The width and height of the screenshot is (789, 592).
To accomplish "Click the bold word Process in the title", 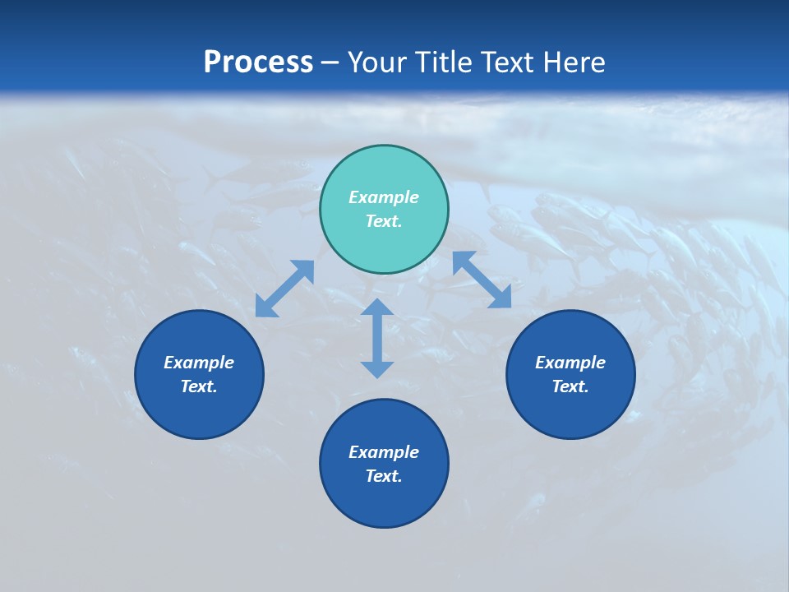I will click(x=258, y=62).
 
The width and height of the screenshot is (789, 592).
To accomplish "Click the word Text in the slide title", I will click(x=512, y=62).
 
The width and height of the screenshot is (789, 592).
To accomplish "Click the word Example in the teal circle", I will click(x=384, y=197).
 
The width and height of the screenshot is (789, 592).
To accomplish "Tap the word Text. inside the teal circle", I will click(x=384, y=221).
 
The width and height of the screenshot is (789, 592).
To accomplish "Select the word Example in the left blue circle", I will click(x=199, y=363).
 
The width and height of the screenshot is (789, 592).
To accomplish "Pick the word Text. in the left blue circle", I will click(x=199, y=386).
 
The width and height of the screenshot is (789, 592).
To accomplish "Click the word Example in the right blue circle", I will click(x=570, y=363).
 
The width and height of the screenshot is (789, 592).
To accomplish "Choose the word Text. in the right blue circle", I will click(x=570, y=386).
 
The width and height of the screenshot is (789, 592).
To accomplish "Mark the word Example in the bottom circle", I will click(x=384, y=452).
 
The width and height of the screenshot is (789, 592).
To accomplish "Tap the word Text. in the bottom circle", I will click(x=384, y=476).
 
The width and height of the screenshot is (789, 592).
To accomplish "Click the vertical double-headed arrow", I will click(x=377, y=338).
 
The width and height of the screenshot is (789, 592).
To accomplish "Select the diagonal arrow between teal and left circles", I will click(x=284, y=289).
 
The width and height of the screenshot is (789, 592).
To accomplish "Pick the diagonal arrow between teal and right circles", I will click(x=482, y=280).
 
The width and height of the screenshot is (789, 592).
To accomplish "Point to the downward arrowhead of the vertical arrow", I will click(x=377, y=368).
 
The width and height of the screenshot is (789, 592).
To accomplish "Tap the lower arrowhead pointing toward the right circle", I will click(x=501, y=298).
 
